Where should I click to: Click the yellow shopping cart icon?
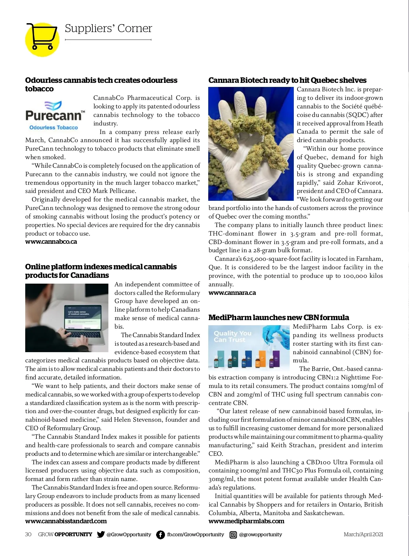42,39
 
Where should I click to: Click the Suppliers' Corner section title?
108,28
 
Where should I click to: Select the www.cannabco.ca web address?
51,242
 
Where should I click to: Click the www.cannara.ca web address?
232,293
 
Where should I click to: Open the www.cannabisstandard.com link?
66,521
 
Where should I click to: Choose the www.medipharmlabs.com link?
246,521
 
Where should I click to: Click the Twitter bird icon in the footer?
101,535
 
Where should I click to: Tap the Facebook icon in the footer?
160,535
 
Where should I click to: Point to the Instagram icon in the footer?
233,535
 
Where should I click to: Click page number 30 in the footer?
28,535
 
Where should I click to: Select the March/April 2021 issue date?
363,535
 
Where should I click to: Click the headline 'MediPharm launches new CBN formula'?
278,318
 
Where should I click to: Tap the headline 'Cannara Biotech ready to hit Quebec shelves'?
287,80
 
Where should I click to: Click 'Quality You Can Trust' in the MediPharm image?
232,336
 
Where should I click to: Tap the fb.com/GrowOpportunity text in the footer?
195,535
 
